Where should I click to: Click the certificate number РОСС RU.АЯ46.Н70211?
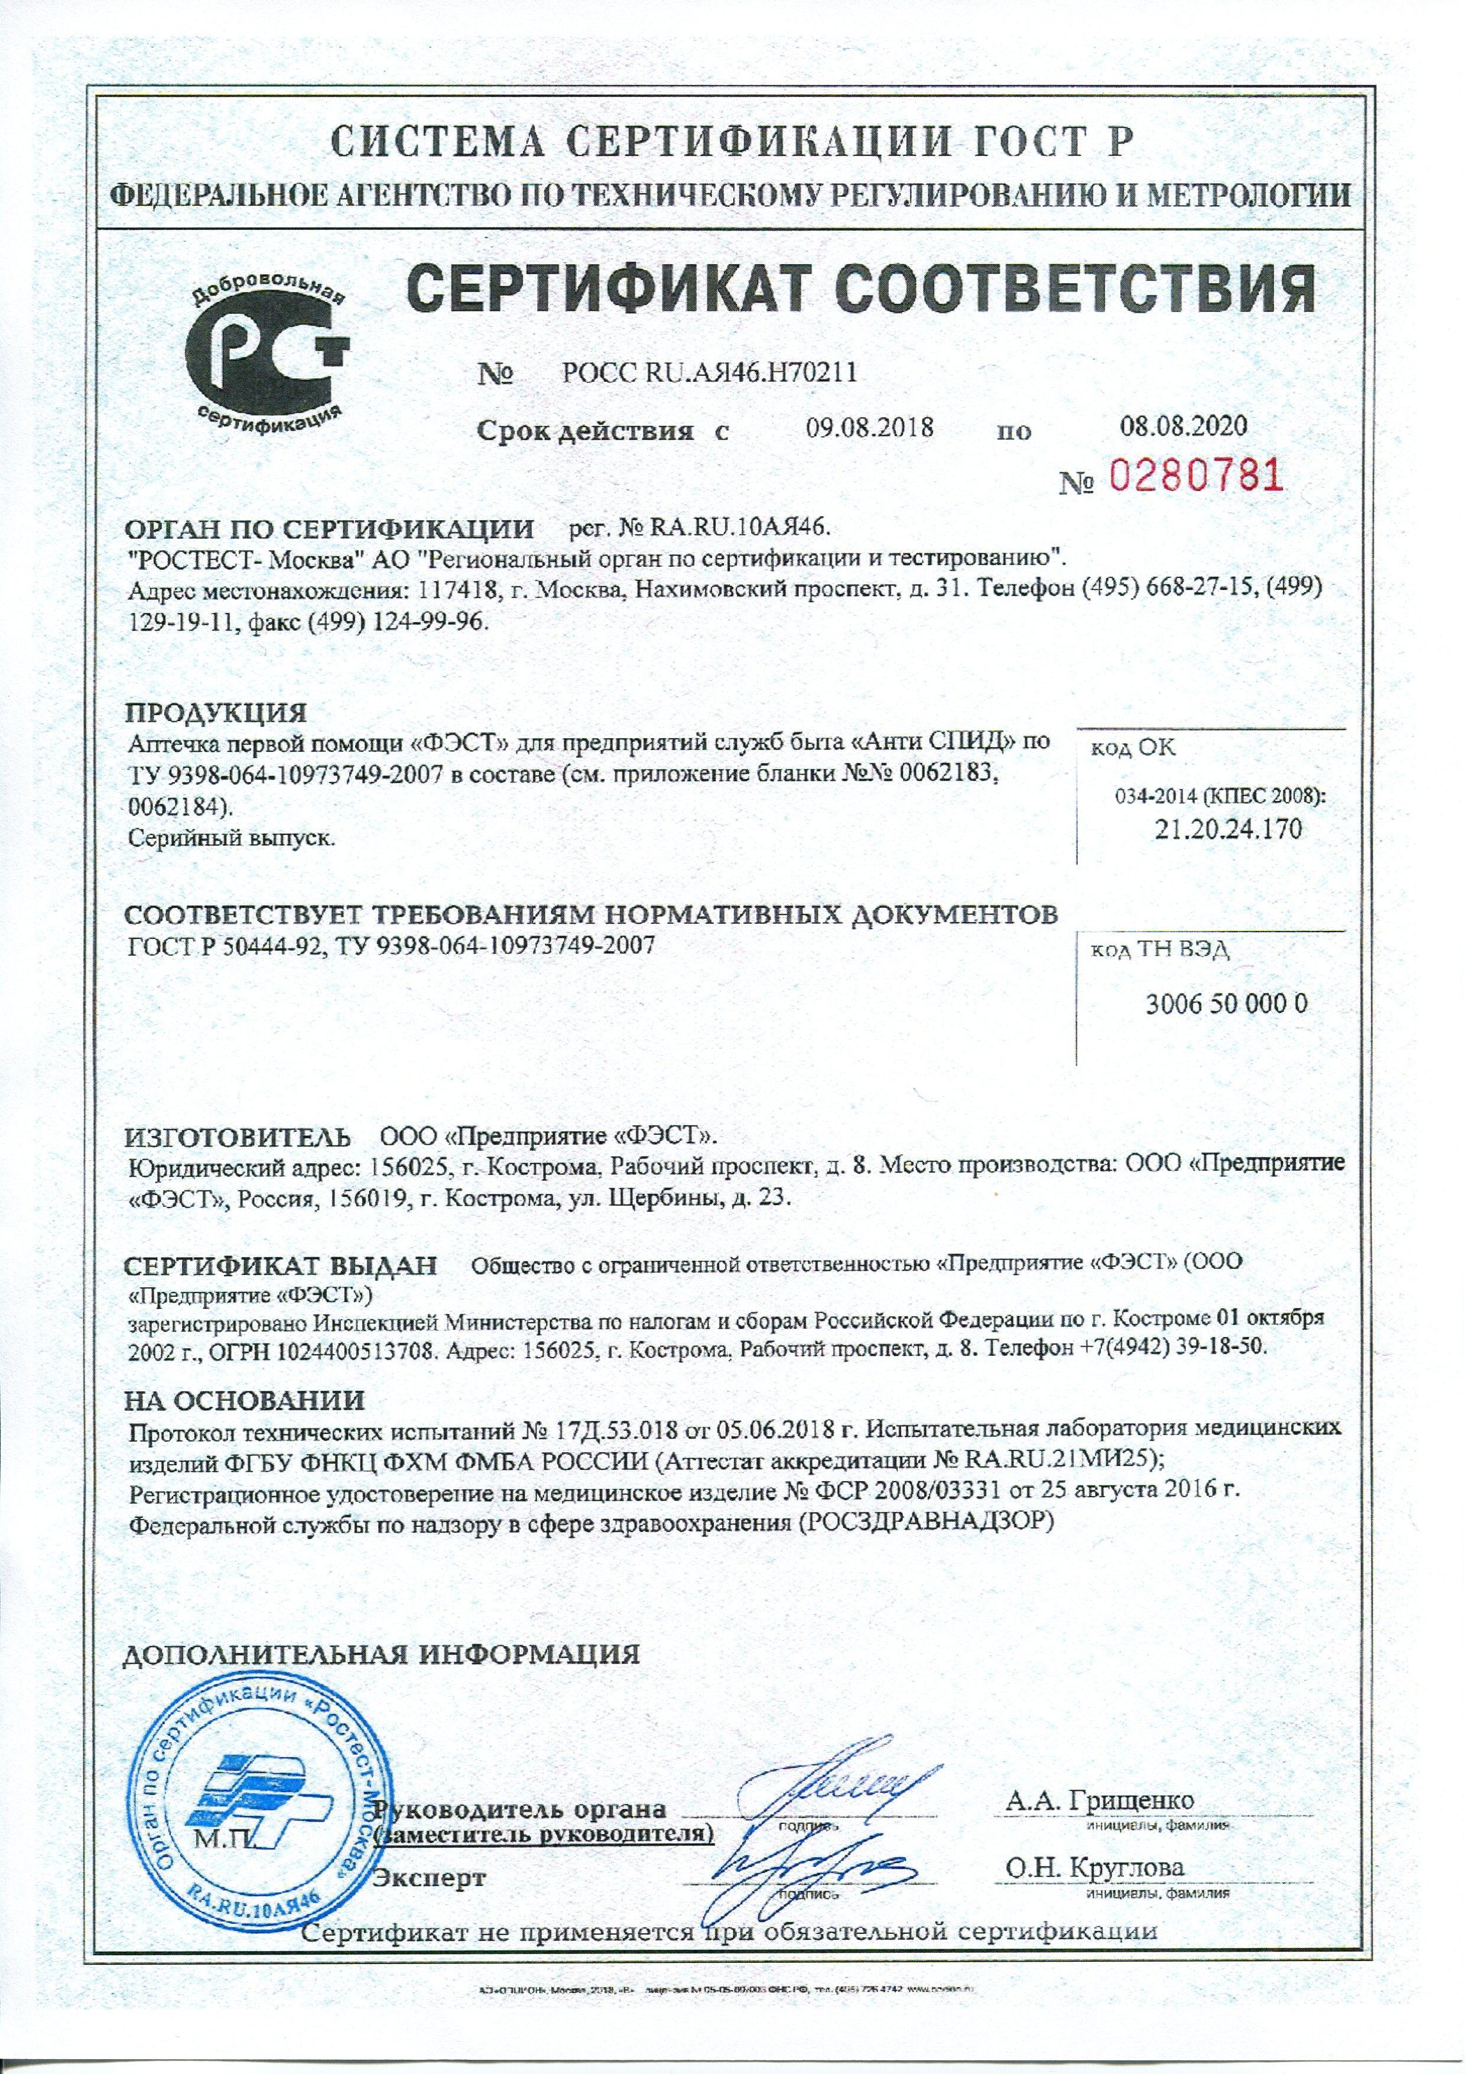point(709,372)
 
